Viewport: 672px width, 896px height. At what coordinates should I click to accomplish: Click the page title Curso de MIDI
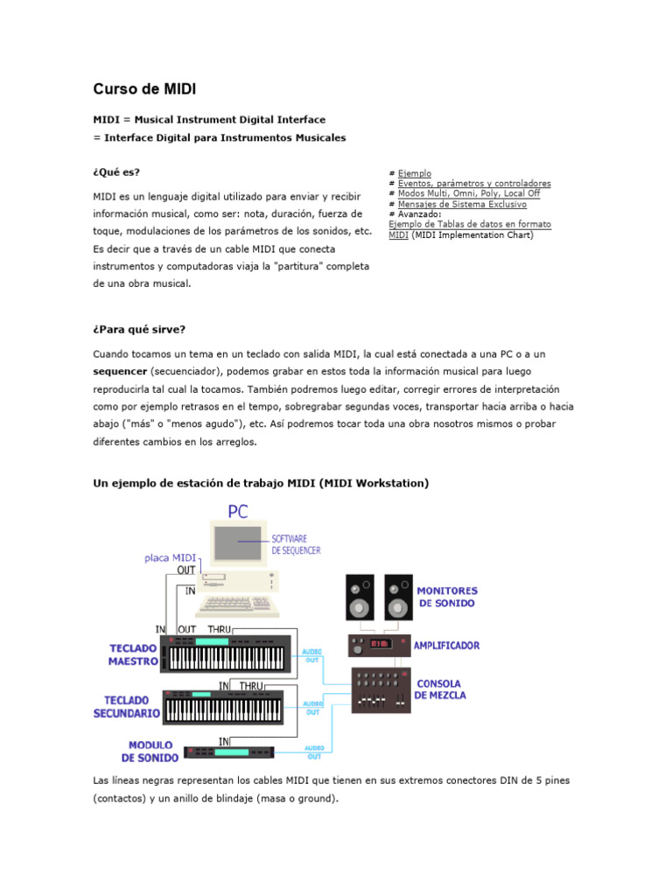(x=144, y=89)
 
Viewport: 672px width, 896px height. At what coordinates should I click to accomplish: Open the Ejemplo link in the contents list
(x=414, y=173)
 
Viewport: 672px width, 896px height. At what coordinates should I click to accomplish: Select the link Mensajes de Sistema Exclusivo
(x=462, y=204)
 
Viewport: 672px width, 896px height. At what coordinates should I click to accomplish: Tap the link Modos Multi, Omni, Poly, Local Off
(x=469, y=193)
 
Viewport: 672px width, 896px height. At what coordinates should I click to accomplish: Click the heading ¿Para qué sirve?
(x=139, y=330)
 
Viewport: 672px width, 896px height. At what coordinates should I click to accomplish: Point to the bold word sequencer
(x=120, y=371)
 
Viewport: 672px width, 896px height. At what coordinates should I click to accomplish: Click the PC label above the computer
(x=238, y=511)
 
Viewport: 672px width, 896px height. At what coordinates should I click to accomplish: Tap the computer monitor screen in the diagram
(x=238, y=542)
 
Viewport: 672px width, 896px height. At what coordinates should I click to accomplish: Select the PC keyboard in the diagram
(x=238, y=605)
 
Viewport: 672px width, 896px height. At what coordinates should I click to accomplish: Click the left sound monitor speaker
(x=360, y=598)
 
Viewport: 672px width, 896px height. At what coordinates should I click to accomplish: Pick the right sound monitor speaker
(x=398, y=598)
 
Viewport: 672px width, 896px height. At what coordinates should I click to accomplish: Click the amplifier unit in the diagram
(x=380, y=646)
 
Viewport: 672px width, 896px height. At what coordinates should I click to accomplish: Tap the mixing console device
(x=381, y=690)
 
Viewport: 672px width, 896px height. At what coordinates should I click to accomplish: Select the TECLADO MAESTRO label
(x=133, y=654)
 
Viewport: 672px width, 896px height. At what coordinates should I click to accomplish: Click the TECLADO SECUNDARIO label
(x=127, y=707)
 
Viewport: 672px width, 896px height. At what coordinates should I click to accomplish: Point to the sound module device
(x=229, y=752)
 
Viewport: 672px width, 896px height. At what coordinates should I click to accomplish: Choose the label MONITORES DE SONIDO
(x=447, y=597)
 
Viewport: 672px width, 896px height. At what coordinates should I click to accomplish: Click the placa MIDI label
(x=171, y=557)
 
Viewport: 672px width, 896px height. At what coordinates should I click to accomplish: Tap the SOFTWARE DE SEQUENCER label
(x=296, y=544)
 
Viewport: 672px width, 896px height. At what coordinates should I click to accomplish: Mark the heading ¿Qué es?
(x=116, y=172)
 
